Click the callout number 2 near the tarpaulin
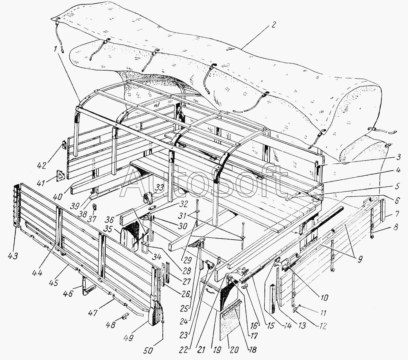click(273, 25)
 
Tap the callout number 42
click(42, 165)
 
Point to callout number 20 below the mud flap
click(234, 349)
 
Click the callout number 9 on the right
click(359, 259)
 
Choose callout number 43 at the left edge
click(13, 256)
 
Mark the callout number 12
click(323, 326)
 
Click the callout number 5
click(397, 186)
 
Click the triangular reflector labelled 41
click(60, 177)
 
